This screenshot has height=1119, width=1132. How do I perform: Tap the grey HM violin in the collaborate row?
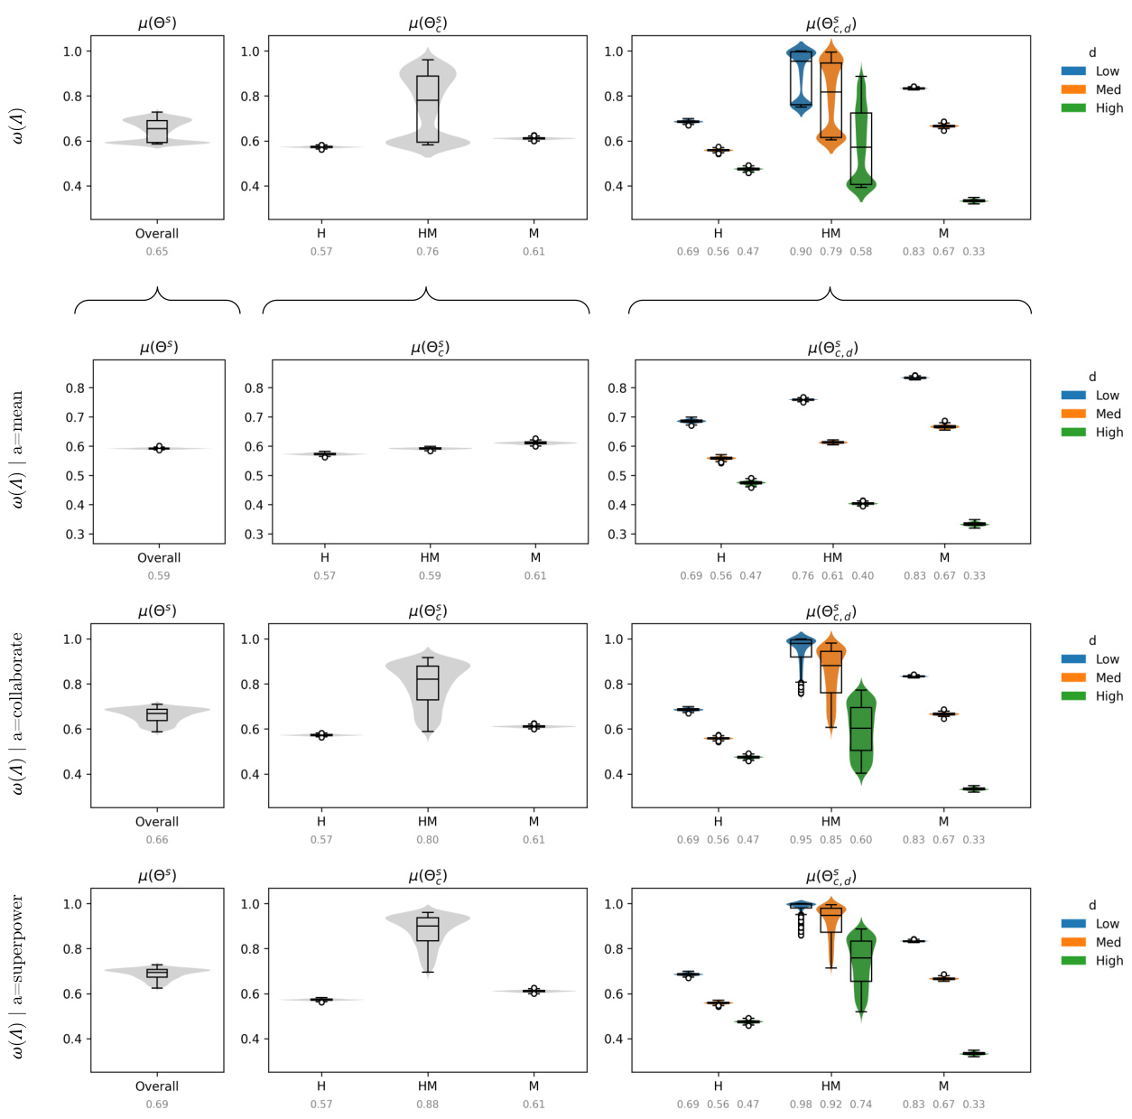click(428, 686)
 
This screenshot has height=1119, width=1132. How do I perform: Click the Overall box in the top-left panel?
click(157, 131)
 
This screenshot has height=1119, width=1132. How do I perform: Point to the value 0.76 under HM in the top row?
click(427, 252)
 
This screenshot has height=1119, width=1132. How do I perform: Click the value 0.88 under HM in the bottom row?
click(427, 1105)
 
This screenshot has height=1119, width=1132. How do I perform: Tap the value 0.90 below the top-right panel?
click(801, 252)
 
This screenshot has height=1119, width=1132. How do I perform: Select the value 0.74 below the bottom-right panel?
click(861, 1105)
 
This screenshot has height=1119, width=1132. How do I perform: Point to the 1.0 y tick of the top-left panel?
click(72, 51)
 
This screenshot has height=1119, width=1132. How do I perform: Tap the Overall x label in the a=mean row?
click(159, 558)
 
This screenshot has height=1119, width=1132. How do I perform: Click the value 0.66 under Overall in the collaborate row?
click(157, 840)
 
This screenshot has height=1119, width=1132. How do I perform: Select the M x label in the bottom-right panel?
click(943, 1086)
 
